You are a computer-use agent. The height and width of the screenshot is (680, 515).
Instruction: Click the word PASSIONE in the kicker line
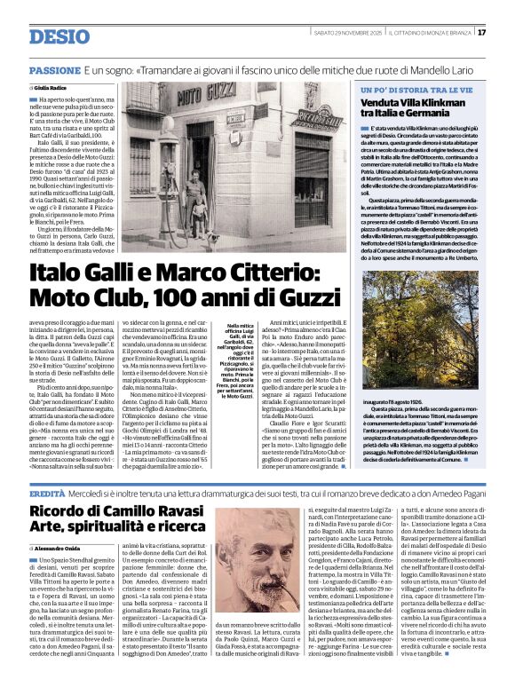[55, 69]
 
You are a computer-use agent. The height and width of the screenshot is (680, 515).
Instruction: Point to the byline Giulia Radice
[55, 89]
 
